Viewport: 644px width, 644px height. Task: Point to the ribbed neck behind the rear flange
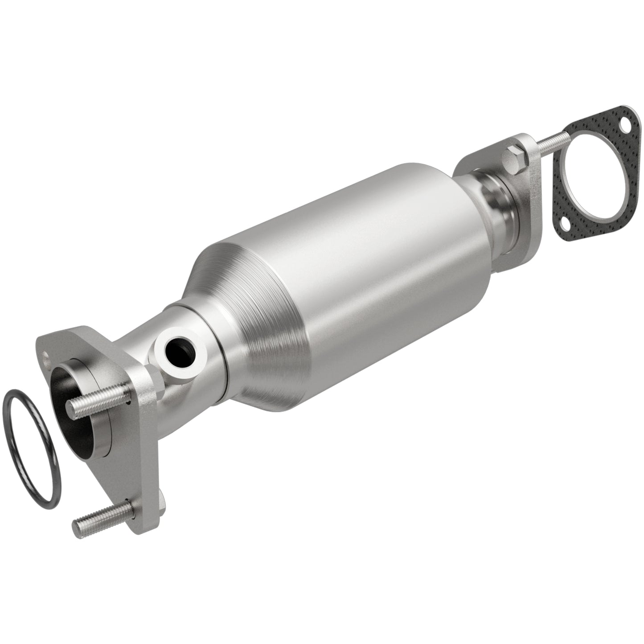coord(499,201)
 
